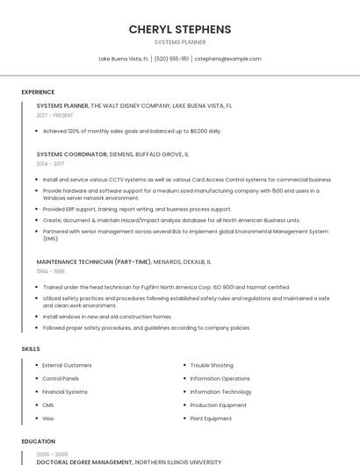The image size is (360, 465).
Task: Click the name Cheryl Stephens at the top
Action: (x=180, y=29)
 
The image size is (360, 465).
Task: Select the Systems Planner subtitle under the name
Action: (x=180, y=42)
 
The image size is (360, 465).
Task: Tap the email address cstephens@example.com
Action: (x=227, y=59)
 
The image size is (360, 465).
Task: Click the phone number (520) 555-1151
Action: (x=171, y=59)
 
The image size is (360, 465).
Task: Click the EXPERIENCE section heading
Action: (x=38, y=92)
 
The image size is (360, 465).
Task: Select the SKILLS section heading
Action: (x=31, y=349)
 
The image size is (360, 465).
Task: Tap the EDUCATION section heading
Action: (x=39, y=441)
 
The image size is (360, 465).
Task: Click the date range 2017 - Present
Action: (x=55, y=115)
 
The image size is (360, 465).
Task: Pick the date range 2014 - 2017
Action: (x=50, y=163)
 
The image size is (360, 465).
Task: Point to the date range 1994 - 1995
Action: (x=50, y=271)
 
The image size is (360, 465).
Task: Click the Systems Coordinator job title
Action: (x=70, y=154)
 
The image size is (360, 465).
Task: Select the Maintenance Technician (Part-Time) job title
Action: (x=93, y=261)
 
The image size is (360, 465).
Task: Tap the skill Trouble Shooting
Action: (x=212, y=365)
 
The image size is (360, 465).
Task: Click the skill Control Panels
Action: (x=61, y=378)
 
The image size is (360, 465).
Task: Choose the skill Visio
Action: (x=48, y=418)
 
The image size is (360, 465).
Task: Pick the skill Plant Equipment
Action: (x=212, y=418)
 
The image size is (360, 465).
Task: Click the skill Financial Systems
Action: (x=65, y=392)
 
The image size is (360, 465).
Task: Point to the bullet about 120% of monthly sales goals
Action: (x=132, y=131)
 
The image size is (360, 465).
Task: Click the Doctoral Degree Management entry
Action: (x=84, y=461)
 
